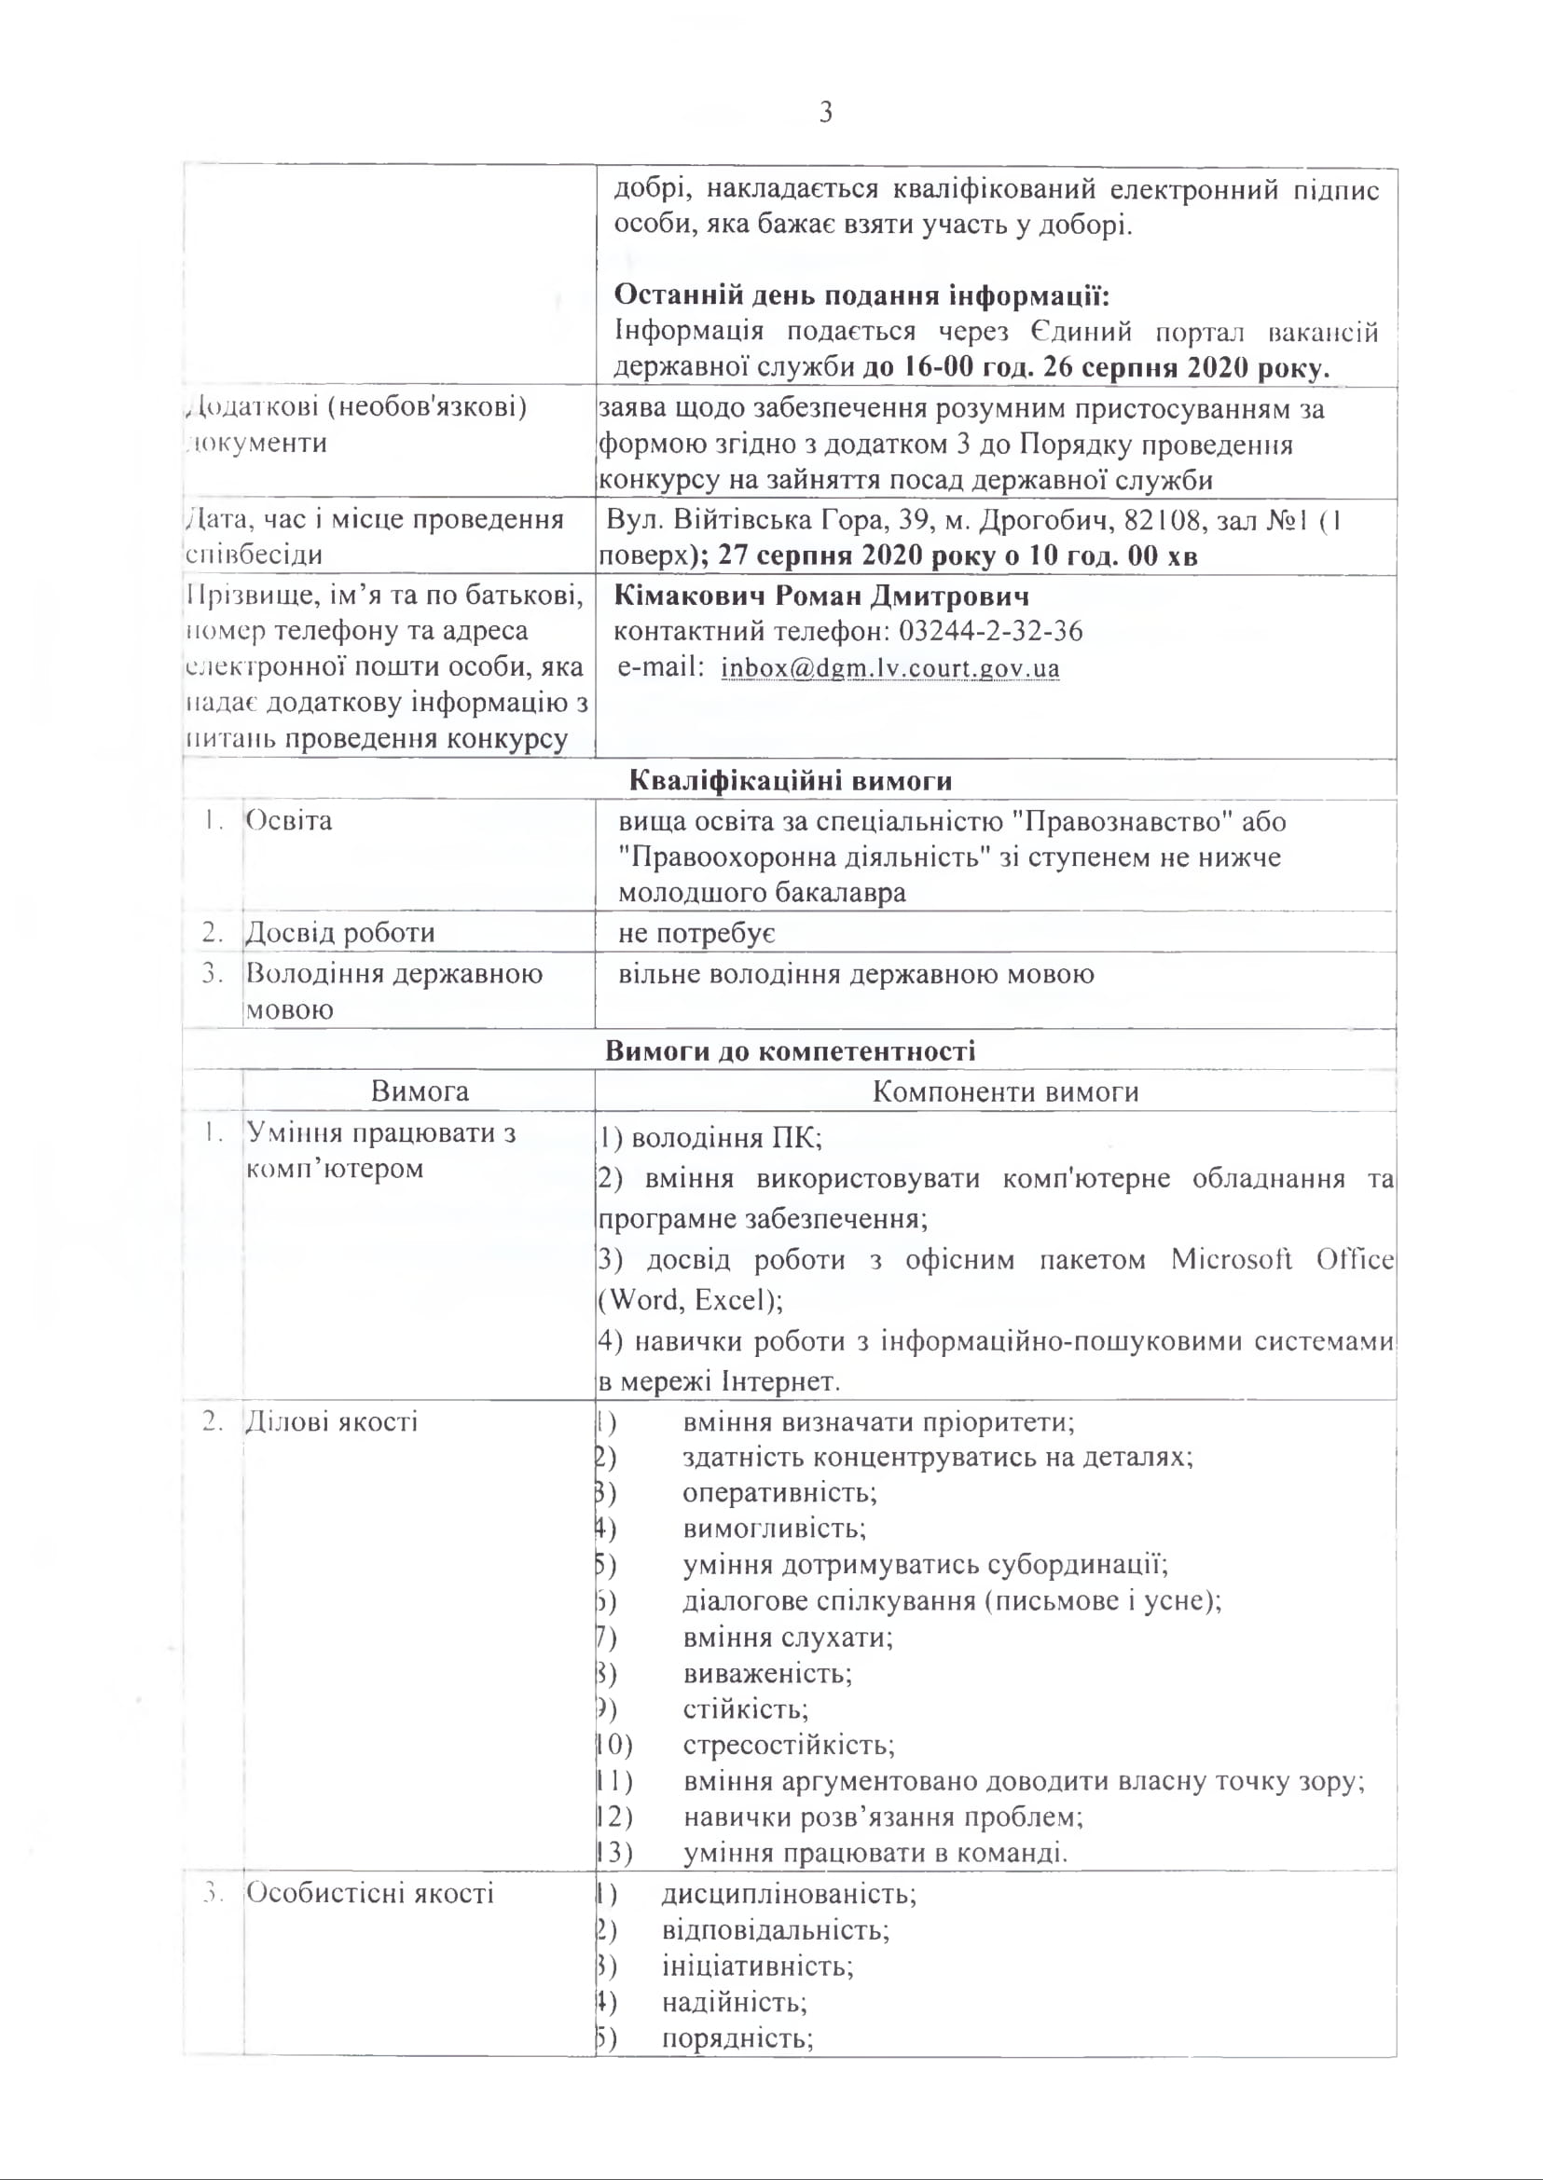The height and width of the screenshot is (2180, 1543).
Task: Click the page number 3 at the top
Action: (x=826, y=113)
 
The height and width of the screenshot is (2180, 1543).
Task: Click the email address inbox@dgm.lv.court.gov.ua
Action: (x=889, y=667)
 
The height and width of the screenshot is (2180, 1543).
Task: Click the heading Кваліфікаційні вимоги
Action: (x=790, y=781)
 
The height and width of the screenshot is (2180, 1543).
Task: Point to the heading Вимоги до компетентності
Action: (x=790, y=1051)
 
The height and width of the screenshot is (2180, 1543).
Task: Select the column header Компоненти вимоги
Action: (x=1005, y=1091)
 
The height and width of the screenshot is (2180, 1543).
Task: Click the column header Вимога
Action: (x=419, y=1090)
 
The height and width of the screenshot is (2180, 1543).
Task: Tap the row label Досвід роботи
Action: (x=340, y=933)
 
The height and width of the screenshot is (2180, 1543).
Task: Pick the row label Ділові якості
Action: (x=332, y=1422)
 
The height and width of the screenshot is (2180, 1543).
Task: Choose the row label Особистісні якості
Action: (x=369, y=1893)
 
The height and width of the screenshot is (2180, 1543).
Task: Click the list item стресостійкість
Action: (x=788, y=1745)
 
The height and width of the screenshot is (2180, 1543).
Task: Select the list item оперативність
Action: (x=779, y=1492)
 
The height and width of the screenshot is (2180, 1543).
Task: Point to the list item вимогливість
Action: (x=774, y=1529)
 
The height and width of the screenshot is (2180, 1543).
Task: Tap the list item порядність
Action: (x=737, y=2039)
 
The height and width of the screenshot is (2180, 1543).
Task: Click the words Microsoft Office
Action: (x=1282, y=1260)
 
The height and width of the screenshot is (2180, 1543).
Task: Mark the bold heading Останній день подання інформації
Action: (x=861, y=296)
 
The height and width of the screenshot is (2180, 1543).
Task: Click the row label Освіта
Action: (x=289, y=821)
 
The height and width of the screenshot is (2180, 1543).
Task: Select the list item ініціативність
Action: (x=757, y=1966)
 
